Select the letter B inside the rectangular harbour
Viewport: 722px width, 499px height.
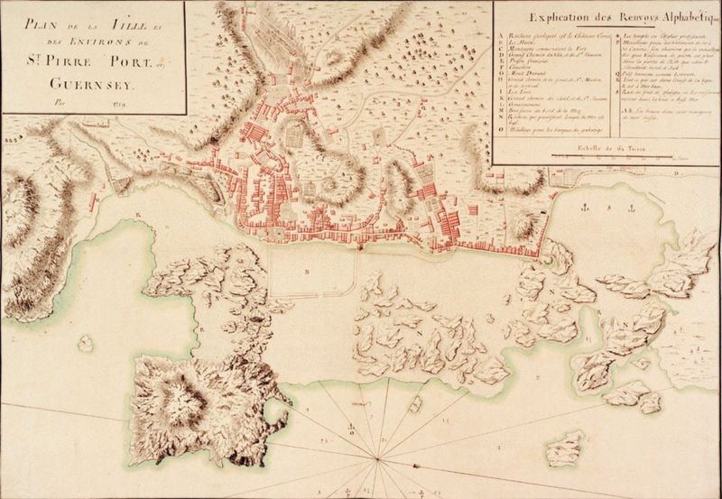(307, 271)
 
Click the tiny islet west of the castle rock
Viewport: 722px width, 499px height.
(85, 343)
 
